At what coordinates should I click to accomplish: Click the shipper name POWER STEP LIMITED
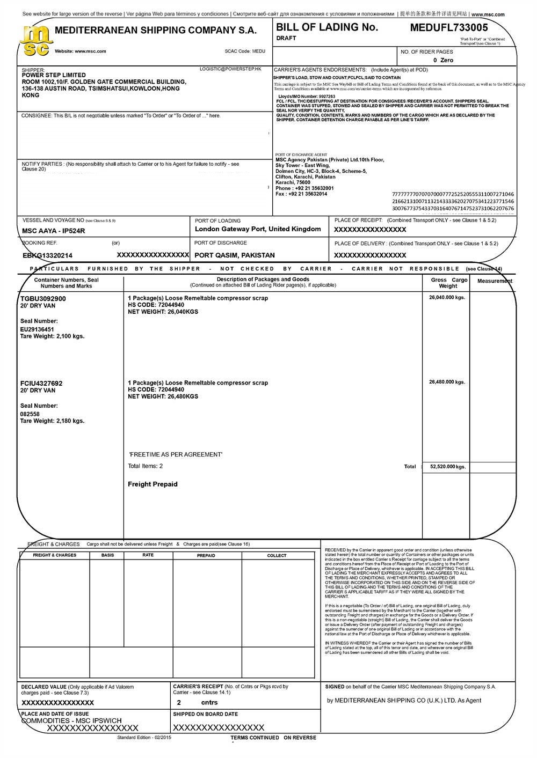tap(54, 75)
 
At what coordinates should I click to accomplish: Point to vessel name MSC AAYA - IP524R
tap(54, 231)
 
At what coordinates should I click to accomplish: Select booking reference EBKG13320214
tap(47, 256)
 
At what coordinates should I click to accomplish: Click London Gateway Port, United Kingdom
tap(258, 229)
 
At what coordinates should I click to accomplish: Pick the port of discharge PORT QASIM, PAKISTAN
tap(235, 255)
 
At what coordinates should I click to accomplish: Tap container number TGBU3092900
tap(43, 298)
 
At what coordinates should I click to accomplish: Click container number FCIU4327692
tap(41, 384)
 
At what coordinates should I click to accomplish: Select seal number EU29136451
tap(37, 329)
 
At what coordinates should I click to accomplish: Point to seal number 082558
tap(30, 414)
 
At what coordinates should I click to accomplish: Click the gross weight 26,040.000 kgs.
tap(447, 297)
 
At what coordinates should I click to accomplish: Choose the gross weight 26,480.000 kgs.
tap(447, 382)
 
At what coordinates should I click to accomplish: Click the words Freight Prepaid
tap(153, 484)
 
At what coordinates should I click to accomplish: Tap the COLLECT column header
tap(277, 556)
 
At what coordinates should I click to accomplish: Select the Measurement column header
tap(495, 281)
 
